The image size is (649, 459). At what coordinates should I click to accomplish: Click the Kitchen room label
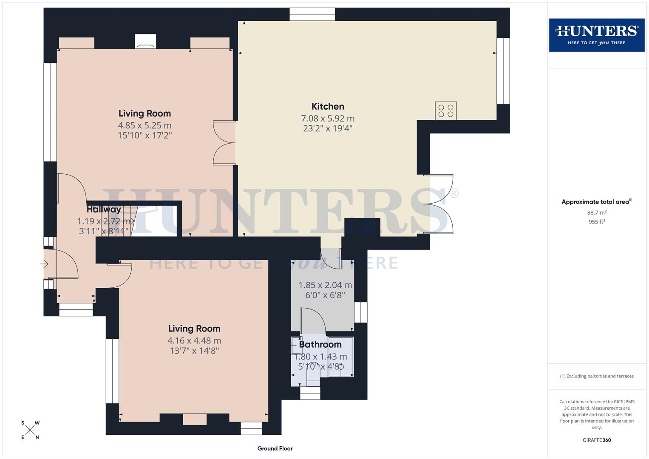(328, 107)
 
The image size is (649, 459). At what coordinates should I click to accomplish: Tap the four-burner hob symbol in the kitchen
(445, 111)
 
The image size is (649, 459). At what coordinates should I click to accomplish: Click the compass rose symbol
(30, 430)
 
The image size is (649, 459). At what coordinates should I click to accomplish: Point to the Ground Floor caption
(275, 448)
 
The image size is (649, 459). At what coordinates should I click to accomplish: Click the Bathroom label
(320, 344)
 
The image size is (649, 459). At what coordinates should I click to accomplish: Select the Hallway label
(104, 210)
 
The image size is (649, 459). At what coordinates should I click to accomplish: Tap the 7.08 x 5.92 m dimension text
(328, 119)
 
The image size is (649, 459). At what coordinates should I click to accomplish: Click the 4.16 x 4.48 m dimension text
(194, 340)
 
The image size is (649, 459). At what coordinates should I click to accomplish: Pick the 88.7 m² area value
(596, 212)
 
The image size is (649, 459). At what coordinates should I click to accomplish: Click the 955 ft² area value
(596, 222)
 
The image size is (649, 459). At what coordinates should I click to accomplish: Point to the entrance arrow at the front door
(44, 264)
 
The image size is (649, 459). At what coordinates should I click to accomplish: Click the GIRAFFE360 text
(596, 440)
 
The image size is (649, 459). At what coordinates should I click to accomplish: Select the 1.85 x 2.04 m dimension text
(325, 285)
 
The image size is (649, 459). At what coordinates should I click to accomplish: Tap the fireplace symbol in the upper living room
(145, 42)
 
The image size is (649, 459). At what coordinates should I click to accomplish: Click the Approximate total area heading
(596, 202)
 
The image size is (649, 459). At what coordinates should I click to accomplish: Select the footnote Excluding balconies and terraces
(596, 376)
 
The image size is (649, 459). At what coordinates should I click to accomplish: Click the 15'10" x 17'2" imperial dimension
(145, 136)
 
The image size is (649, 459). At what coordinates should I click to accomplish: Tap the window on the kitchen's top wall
(312, 14)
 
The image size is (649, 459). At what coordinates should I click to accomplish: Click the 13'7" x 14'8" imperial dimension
(194, 351)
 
